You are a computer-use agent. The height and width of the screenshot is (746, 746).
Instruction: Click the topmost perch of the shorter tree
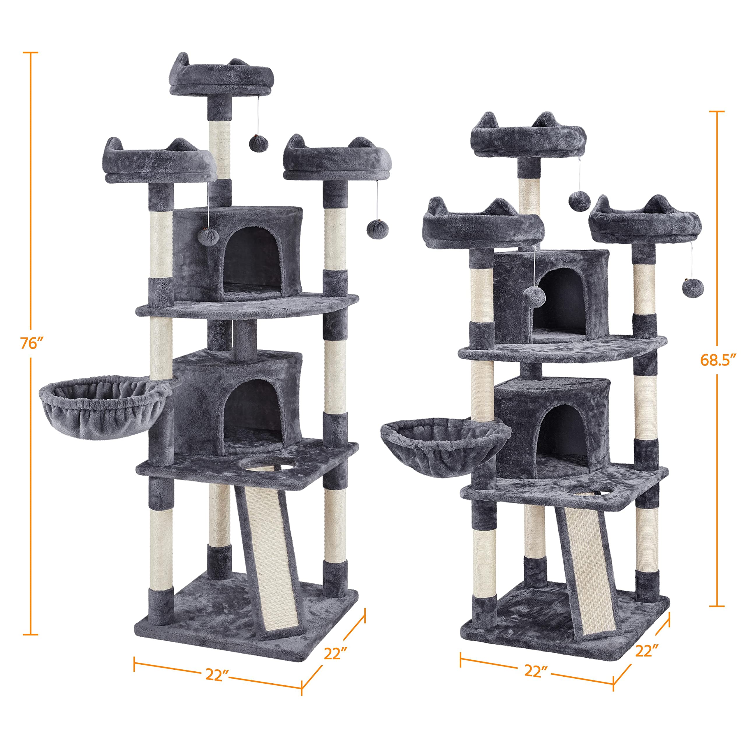(528, 141)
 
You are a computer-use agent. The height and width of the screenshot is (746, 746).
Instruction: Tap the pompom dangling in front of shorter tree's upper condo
(535, 297)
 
